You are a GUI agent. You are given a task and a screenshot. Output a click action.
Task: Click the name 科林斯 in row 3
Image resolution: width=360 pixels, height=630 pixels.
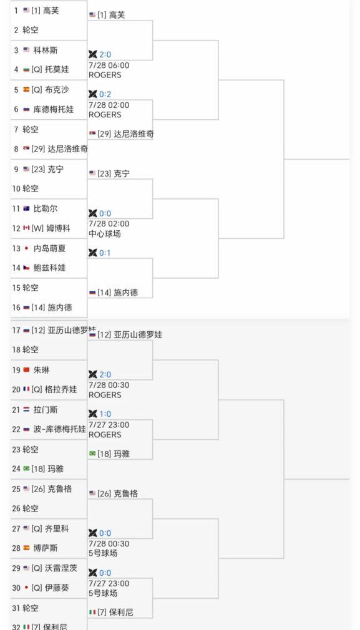point(46,51)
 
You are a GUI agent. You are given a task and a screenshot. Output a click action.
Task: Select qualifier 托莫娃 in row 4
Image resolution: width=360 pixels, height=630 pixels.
point(57,69)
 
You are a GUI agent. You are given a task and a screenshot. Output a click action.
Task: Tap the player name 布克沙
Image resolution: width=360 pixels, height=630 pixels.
point(57,90)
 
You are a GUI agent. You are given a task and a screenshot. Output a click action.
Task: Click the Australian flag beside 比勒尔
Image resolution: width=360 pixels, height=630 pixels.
point(27,209)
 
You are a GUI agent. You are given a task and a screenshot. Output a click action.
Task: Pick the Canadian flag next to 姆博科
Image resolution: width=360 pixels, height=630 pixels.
point(27,228)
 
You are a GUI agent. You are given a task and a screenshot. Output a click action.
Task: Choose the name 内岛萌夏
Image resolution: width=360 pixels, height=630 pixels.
point(49,248)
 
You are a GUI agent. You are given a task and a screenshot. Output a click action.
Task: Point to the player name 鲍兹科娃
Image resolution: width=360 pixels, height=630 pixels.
point(49,268)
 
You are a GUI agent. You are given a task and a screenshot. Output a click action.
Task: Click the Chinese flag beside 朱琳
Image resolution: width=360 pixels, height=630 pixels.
point(27,370)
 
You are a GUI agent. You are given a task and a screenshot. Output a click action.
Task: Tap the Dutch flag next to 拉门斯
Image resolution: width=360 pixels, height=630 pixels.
point(27,410)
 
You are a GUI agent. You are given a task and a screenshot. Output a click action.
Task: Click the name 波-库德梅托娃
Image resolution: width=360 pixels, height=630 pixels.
point(59,429)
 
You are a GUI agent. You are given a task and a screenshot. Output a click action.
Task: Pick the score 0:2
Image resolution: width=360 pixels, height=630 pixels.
point(105,94)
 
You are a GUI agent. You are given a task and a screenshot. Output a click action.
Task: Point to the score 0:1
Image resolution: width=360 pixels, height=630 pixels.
point(105,253)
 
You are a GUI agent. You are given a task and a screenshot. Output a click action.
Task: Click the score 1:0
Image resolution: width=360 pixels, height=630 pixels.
point(105,414)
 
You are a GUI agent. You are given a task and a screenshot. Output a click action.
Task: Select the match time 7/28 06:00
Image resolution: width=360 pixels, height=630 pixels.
point(109,65)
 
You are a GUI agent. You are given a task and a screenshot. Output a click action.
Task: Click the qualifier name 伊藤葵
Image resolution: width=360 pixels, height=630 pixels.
point(57,588)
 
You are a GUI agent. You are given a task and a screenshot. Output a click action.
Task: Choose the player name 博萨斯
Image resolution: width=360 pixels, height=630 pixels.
point(46,548)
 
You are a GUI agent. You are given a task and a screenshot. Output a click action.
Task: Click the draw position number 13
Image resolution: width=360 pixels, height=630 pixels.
point(16,248)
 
